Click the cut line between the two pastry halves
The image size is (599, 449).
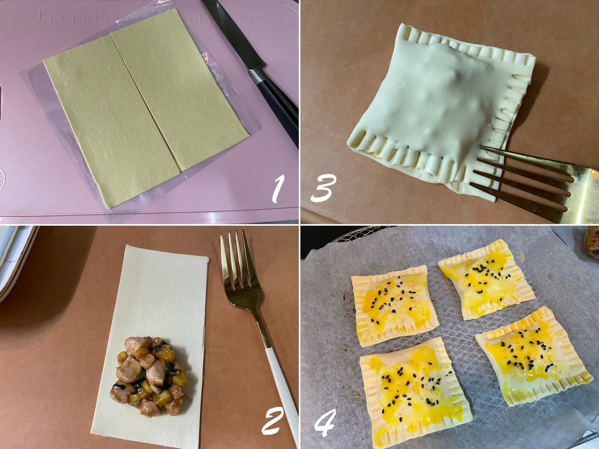(145, 104)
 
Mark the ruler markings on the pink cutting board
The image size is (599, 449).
(145, 16)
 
